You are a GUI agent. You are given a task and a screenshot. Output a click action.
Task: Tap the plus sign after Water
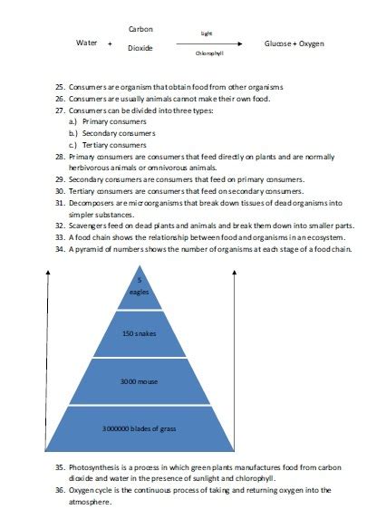pyautogui.click(x=110, y=43)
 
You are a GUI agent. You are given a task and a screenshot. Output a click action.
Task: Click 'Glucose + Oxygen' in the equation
pyautogui.click(x=294, y=43)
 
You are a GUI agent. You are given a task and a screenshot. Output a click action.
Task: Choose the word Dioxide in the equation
pyautogui.click(x=140, y=48)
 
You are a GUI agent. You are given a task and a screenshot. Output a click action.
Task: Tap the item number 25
pyautogui.click(x=60, y=87)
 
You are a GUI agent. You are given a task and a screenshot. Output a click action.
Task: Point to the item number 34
pyautogui.click(x=60, y=248)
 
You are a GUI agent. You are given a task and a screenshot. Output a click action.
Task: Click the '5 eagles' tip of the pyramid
pyautogui.click(x=140, y=286)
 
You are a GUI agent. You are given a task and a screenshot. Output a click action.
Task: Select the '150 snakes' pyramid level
pyautogui.click(x=140, y=334)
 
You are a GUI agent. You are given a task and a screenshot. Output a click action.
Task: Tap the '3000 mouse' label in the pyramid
pyautogui.click(x=140, y=381)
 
